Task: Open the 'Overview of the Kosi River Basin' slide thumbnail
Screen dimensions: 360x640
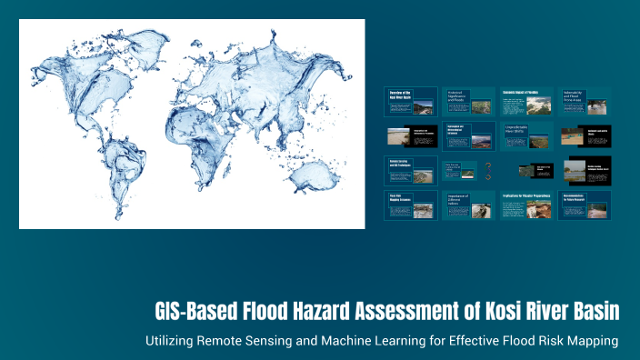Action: coord(410,102)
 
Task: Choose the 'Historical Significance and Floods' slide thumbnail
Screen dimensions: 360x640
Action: coord(468,102)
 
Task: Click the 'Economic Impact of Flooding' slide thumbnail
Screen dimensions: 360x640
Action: coord(526,102)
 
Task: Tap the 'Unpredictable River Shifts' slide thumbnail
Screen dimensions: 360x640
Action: coord(526,136)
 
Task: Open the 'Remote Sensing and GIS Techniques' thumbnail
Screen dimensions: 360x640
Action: coord(410,170)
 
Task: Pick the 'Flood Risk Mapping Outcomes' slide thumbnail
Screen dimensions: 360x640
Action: coord(410,205)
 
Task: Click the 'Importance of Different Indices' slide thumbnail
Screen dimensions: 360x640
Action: coord(468,205)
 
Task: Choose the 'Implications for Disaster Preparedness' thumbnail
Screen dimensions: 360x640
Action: coord(526,205)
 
